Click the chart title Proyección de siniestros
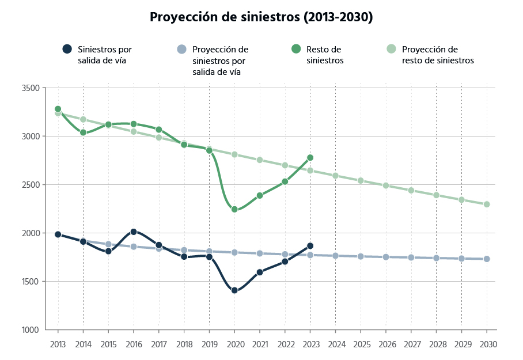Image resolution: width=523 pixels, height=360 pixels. tap(261, 17)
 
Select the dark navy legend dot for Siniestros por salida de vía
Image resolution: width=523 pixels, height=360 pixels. tap(67, 50)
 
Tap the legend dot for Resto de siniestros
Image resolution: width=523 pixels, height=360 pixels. tap(296, 50)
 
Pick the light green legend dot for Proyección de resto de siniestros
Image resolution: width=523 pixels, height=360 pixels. tap(392, 50)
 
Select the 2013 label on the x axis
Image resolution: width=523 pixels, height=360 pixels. tap(58, 344)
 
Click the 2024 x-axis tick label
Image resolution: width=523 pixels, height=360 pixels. tap(335, 344)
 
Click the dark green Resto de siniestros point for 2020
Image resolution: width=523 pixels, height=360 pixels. tap(234, 210)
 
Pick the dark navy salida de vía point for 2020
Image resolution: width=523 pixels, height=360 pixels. tap(234, 290)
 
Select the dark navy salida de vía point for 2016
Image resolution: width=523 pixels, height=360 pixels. tap(134, 232)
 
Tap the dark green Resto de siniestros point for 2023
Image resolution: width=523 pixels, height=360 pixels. tap(310, 158)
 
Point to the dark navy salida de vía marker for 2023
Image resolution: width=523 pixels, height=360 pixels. tap(310, 246)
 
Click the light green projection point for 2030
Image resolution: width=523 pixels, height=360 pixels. tap(487, 204)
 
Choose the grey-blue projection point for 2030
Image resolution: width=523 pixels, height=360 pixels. tap(487, 259)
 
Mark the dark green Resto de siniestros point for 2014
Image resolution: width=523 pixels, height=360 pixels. tap(83, 132)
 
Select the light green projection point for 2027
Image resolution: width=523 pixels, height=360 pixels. tap(411, 190)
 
